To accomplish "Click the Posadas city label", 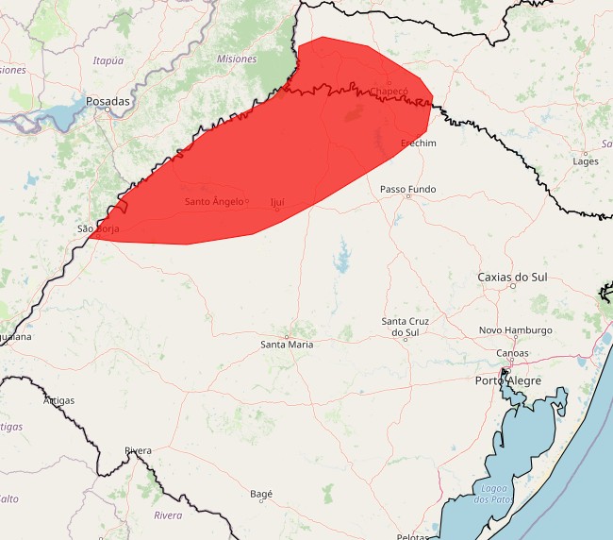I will (108, 100).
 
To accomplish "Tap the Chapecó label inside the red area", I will (389, 92).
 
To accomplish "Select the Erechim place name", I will (419, 143).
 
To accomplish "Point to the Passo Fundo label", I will (407, 189).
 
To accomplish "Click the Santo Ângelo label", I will (213, 202).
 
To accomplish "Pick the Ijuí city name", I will (277, 202).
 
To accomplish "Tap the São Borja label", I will (98, 228).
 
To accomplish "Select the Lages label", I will (585, 161).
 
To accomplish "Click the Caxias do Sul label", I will (512, 278).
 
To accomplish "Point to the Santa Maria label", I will (287, 345).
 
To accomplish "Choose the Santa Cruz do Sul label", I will (406, 327).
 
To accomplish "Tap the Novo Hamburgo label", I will (515, 330).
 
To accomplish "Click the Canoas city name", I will (513, 353).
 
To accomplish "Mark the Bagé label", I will (261, 494).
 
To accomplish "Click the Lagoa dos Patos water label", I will (494, 493).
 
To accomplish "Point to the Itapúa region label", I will (108, 60).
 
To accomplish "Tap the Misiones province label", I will (236, 59).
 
